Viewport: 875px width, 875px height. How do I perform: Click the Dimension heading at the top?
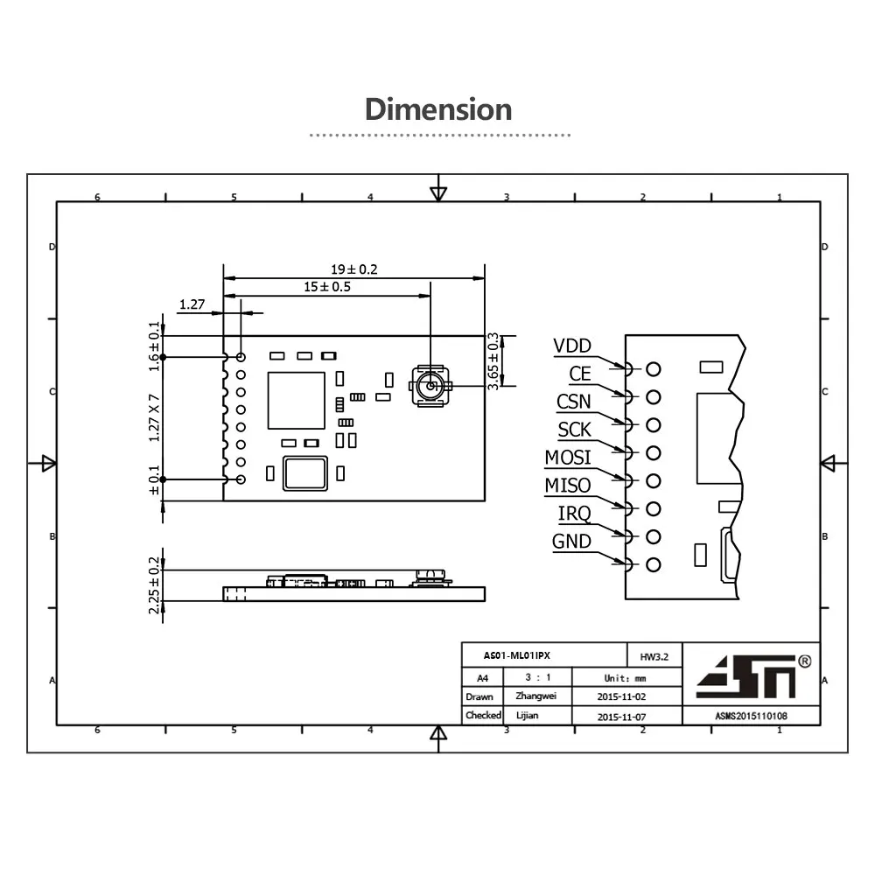(x=437, y=110)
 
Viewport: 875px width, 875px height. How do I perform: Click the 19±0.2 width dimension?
(x=354, y=269)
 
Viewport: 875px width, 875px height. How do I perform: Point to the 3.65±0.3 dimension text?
(x=493, y=360)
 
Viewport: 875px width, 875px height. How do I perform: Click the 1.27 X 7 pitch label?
(x=155, y=416)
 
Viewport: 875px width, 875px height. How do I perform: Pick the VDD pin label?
(x=572, y=346)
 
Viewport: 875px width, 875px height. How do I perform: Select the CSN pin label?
(x=574, y=402)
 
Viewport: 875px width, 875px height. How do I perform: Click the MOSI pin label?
(x=568, y=458)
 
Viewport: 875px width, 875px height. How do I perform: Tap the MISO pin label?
(x=568, y=486)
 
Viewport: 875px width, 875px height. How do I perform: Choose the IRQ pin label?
(x=574, y=514)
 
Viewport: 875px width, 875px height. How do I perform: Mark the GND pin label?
(x=571, y=542)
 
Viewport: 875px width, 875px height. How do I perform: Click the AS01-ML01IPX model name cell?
(x=518, y=655)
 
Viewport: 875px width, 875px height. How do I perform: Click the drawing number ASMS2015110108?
(x=751, y=716)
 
